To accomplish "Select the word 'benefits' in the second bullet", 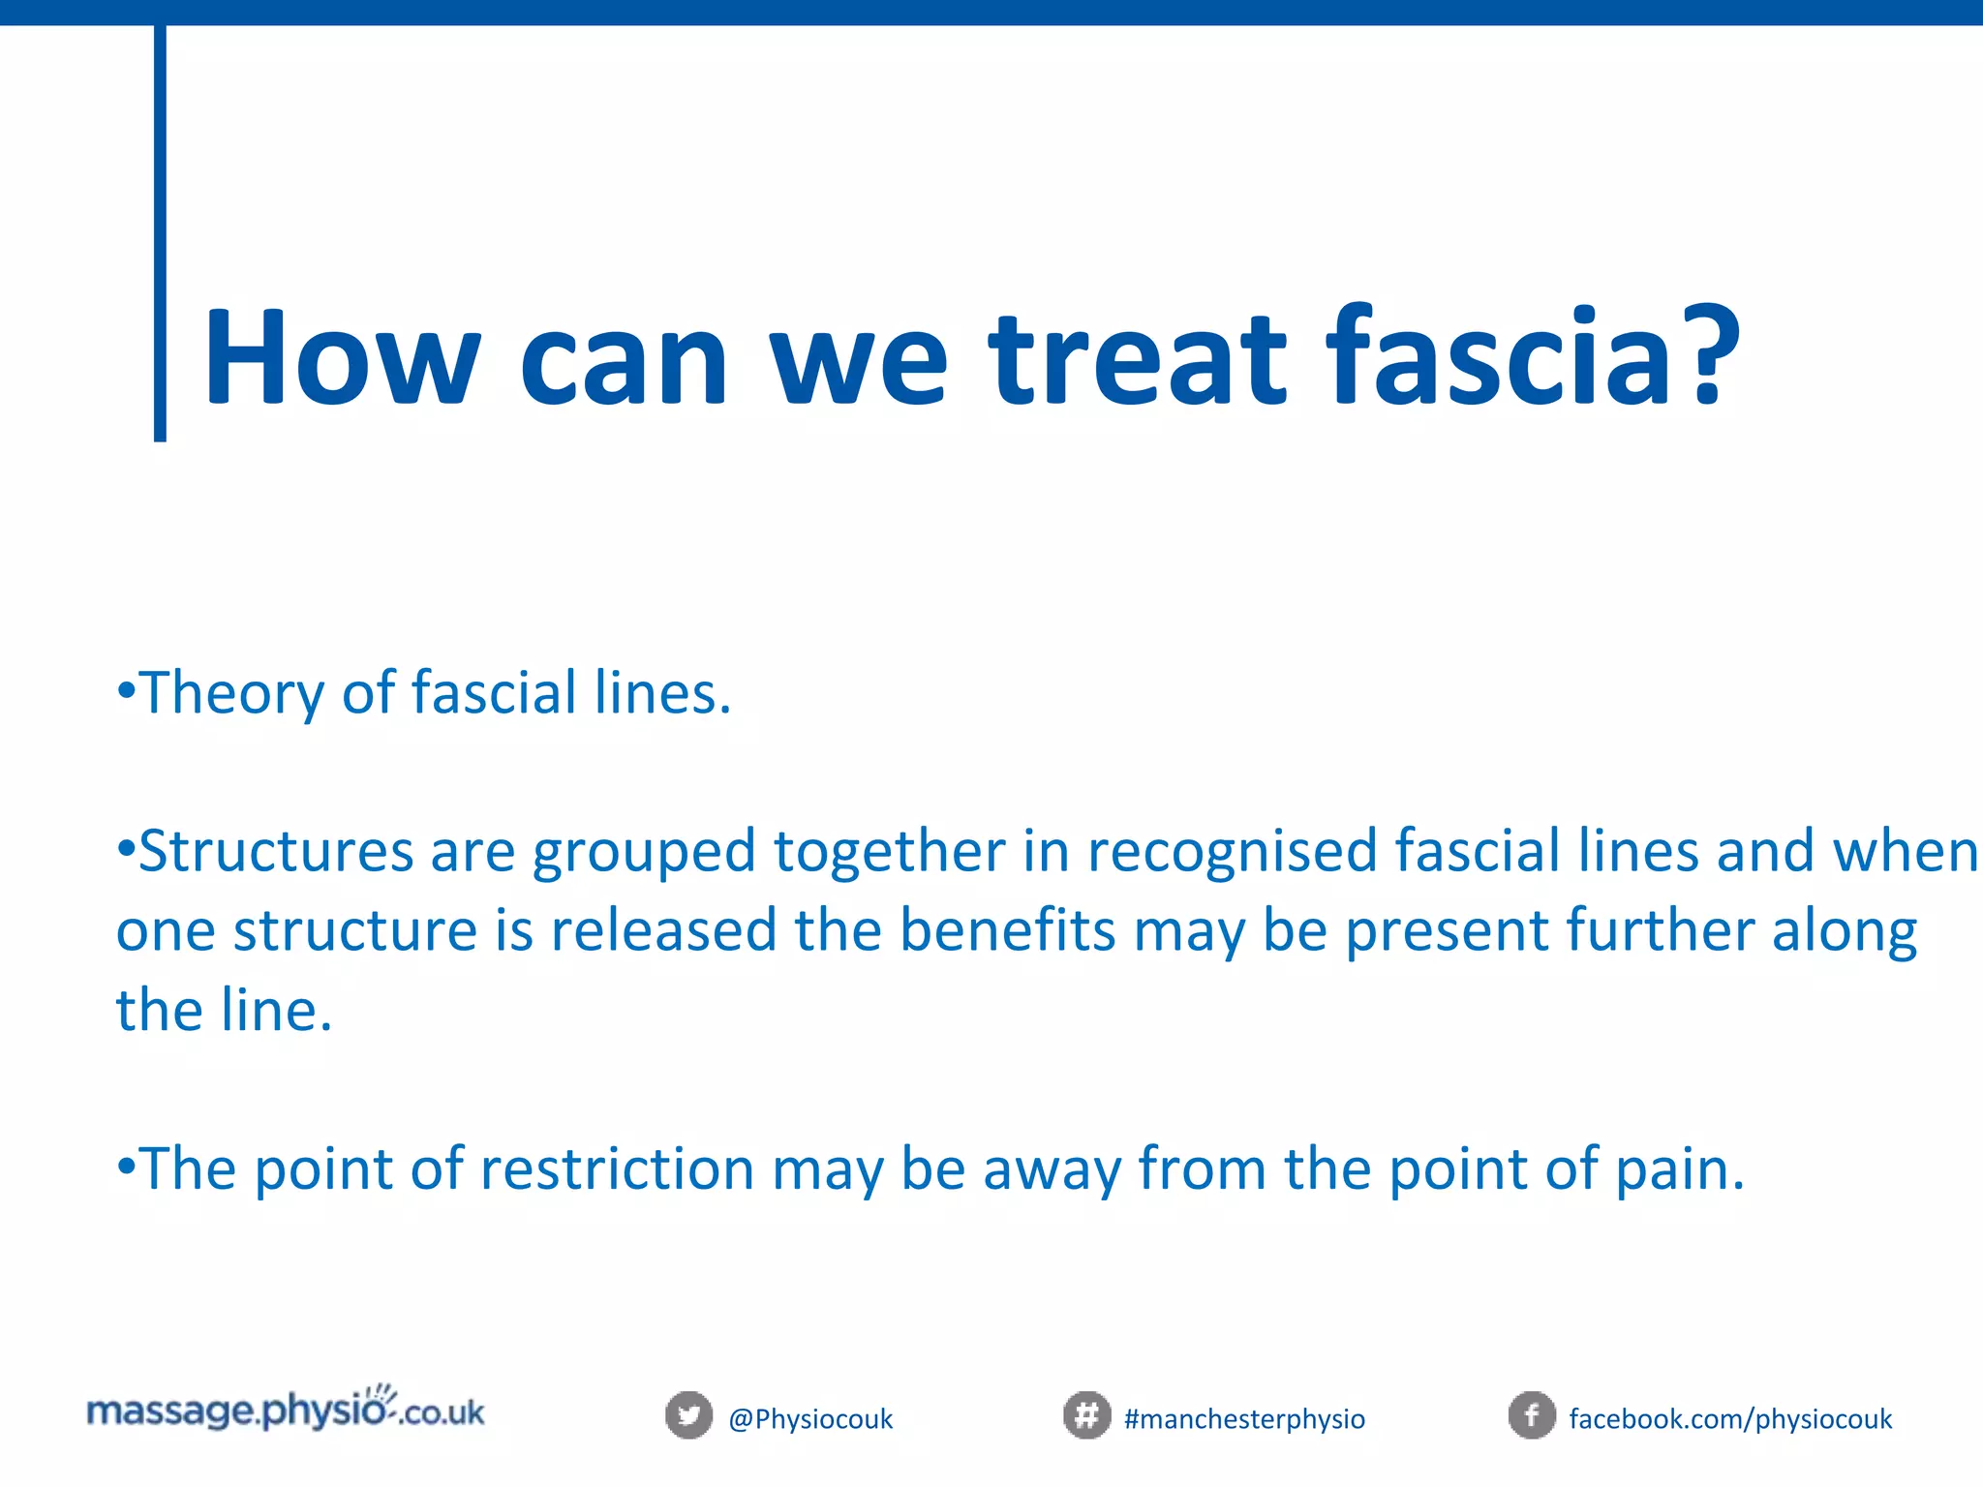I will (x=1007, y=930).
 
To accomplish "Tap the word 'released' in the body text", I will (x=663, y=930).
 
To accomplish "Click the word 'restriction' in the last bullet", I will (x=617, y=1168).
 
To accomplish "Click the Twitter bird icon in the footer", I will (x=688, y=1416).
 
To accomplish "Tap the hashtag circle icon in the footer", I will (x=1086, y=1416).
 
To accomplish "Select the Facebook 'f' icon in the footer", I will (x=1532, y=1416).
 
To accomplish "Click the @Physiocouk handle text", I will (x=810, y=1419).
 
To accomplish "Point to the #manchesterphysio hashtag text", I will (x=1244, y=1419).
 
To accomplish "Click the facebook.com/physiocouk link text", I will (x=1730, y=1419).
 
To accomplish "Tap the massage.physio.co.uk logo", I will (x=286, y=1410).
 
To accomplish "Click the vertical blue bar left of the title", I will (x=160, y=232).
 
